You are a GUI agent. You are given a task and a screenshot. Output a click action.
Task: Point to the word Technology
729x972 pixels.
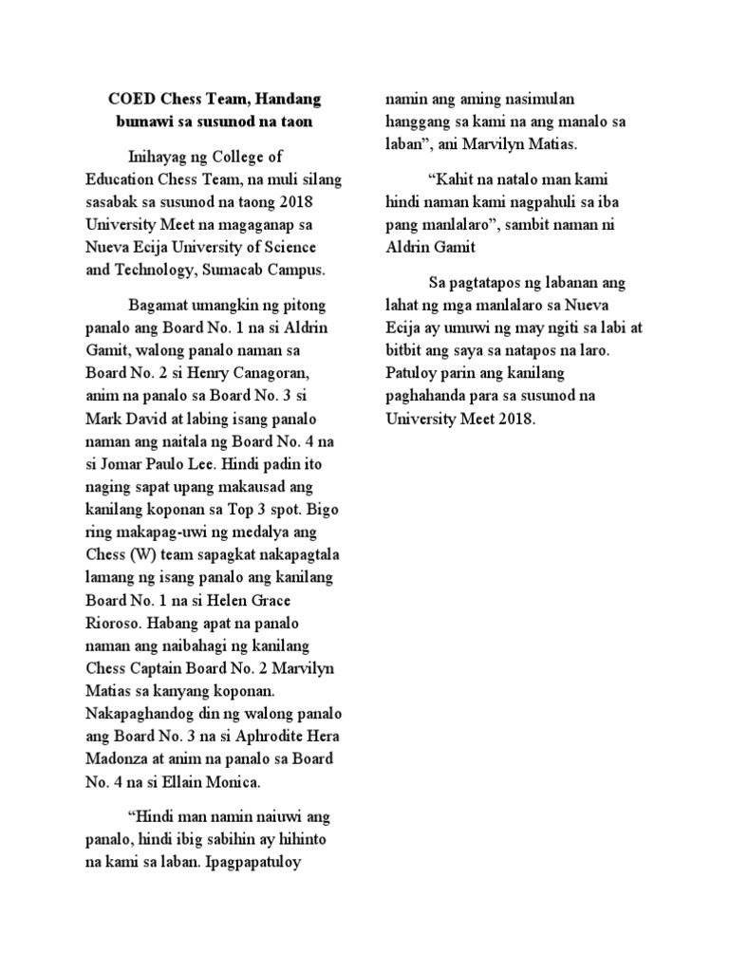click(x=161, y=270)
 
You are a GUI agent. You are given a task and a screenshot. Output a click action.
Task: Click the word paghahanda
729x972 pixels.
click(x=426, y=395)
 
